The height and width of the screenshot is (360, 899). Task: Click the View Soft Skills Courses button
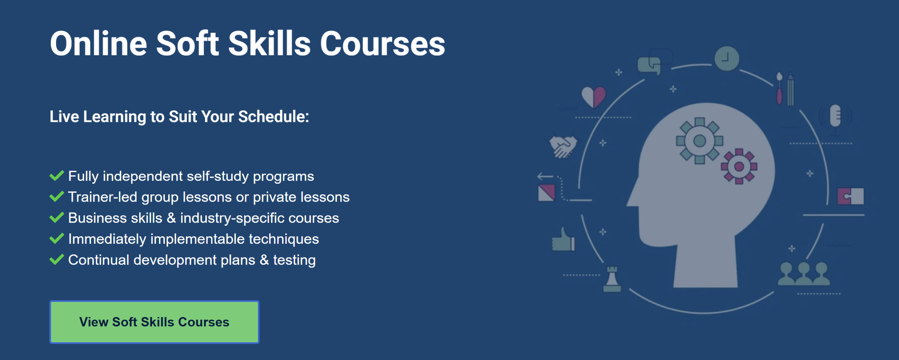point(154,322)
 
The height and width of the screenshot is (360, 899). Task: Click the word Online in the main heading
point(98,44)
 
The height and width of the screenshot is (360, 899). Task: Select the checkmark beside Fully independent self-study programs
point(57,175)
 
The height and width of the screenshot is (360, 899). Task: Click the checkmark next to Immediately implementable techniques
point(57,238)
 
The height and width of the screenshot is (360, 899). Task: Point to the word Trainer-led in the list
point(103,197)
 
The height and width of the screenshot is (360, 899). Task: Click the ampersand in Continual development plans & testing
point(264,260)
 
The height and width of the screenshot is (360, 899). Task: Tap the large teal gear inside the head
point(700,141)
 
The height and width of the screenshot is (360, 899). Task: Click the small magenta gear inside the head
point(739,166)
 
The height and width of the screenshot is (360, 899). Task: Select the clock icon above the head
point(727,58)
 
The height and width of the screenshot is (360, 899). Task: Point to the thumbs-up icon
point(563,240)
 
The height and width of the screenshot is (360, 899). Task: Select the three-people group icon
point(803,274)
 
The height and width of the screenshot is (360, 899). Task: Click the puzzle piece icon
point(850,196)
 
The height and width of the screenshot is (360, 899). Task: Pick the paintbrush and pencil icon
point(785,89)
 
